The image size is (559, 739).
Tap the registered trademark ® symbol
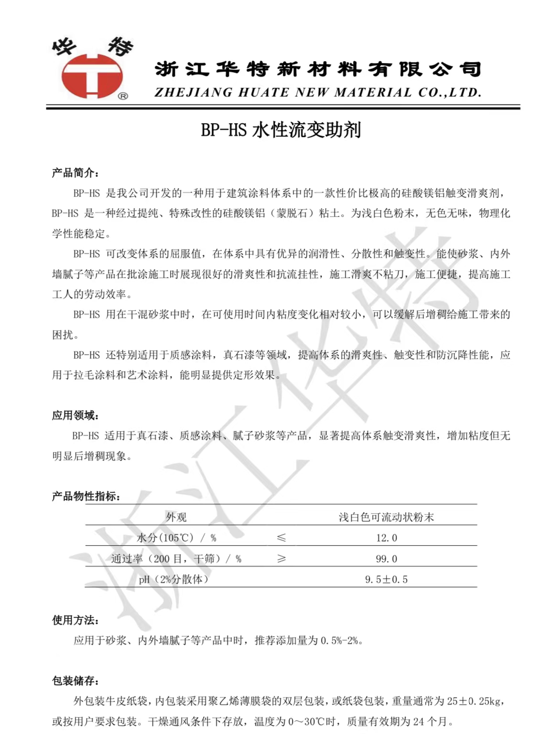click(123, 96)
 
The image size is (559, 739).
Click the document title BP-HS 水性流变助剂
click(280, 130)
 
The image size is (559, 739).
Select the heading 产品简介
click(75, 173)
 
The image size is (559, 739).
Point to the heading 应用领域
click(75, 415)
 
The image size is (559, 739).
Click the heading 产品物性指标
click(86, 496)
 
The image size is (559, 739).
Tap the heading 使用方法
click(75, 620)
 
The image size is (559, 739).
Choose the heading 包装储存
click(75, 681)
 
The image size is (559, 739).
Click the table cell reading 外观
click(176, 517)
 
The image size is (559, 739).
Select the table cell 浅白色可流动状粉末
click(386, 517)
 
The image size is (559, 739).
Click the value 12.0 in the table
click(386, 538)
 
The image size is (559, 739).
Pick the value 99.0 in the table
click(386, 559)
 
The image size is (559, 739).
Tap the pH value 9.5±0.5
click(386, 580)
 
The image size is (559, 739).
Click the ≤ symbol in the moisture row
click(281, 538)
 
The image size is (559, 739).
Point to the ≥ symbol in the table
click(281, 559)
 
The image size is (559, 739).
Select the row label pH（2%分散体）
click(174, 580)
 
